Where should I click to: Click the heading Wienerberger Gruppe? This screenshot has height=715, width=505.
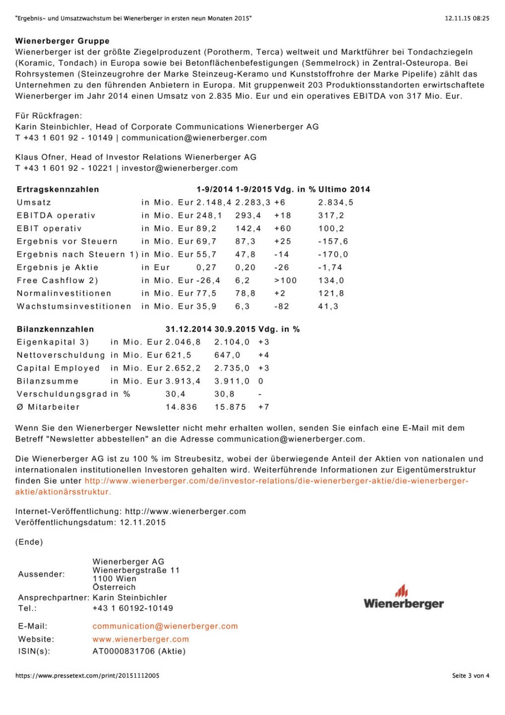coord(63,41)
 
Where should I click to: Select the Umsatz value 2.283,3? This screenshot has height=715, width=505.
coord(252,203)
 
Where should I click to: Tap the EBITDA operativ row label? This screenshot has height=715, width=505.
coord(56,215)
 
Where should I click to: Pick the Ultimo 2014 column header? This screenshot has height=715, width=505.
coord(344,189)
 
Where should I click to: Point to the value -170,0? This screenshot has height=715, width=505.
coord(333,254)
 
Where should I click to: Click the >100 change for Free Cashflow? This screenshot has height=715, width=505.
coord(285,281)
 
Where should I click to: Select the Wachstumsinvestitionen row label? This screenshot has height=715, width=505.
coord(74,306)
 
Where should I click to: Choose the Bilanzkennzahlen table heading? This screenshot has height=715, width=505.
coord(55,329)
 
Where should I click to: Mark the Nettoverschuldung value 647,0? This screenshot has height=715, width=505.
coord(227,355)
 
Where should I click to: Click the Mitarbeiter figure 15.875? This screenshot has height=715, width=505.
coord(230,407)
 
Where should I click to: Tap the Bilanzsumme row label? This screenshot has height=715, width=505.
coord(48,381)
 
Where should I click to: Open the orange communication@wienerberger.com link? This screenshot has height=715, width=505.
coord(165,626)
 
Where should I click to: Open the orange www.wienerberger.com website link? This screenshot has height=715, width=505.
coord(140,639)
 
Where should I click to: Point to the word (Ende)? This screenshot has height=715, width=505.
coord(29,542)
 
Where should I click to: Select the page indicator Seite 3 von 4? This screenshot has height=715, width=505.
coord(470,675)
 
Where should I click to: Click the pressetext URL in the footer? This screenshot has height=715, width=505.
coord(87,675)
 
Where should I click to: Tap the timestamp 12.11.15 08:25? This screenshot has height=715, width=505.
coord(466,18)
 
